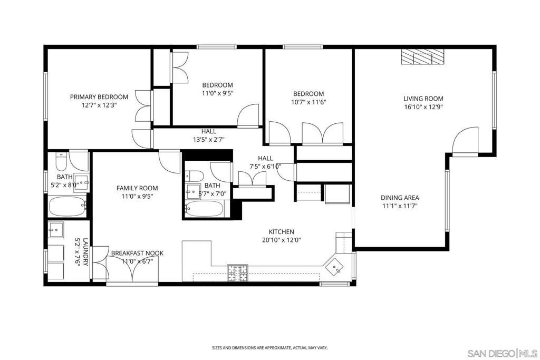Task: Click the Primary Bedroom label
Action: click(x=99, y=97)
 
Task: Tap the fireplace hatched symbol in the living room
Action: click(x=422, y=56)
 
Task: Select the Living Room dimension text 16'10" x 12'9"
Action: click(x=423, y=107)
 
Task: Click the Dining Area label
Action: click(x=400, y=198)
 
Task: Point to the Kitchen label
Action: click(x=281, y=232)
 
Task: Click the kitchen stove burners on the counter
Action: click(x=238, y=271)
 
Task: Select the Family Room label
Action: click(x=137, y=188)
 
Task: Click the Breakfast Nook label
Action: click(x=137, y=254)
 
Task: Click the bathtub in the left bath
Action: click(x=67, y=206)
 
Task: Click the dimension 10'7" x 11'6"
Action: click(x=308, y=102)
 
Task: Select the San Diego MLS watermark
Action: click(x=502, y=353)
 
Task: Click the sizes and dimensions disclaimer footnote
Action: click(x=269, y=348)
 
